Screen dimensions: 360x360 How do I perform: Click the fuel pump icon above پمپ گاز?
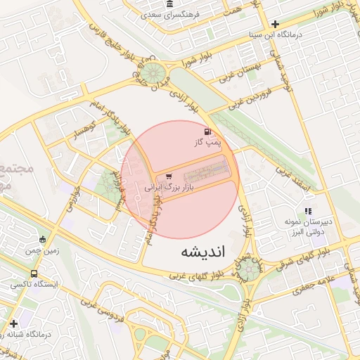tap(207, 131)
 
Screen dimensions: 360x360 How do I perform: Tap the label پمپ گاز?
tap(207, 142)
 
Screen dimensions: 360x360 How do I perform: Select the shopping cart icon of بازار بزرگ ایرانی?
tap(168, 176)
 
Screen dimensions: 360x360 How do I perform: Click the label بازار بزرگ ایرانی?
tap(168, 188)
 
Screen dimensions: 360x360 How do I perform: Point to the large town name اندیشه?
tap(202, 252)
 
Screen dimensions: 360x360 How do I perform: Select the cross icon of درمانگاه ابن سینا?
tap(284, 24)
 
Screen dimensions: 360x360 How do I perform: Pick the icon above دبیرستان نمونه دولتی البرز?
tap(308, 211)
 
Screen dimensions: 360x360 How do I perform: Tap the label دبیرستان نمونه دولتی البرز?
tap(307, 226)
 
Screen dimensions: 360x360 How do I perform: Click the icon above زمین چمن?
tap(43, 239)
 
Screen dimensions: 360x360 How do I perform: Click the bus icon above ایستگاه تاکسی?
tap(34, 274)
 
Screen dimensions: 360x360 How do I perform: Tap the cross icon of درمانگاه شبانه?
tap(13, 323)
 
